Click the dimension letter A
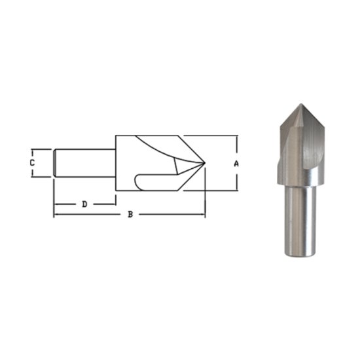pos(236,164)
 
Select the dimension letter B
pos(130,215)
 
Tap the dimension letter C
pos(31,162)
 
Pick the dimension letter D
pos(84,204)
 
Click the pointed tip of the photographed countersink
pos(300,106)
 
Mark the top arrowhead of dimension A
pos(236,137)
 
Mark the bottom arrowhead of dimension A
pos(236,189)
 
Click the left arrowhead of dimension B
pos(56,215)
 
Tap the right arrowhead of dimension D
pos(114,204)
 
